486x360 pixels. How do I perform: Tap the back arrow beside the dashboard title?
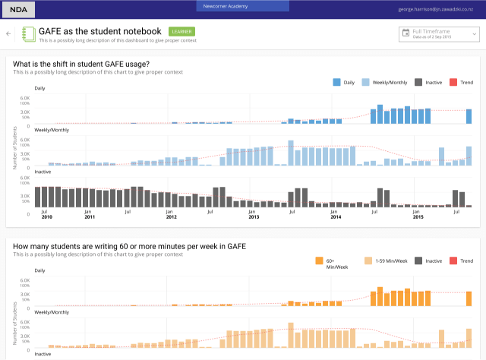click(x=9, y=34)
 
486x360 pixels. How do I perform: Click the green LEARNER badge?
click(x=181, y=32)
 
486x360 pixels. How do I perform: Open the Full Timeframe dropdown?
click(x=439, y=34)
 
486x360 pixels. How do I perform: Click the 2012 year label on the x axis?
click(x=172, y=217)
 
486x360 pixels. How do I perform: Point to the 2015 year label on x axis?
click(x=418, y=217)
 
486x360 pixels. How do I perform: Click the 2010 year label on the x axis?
click(x=47, y=217)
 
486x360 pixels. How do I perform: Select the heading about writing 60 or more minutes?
click(x=129, y=246)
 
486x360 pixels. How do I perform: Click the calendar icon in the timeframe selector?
click(x=406, y=34)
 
